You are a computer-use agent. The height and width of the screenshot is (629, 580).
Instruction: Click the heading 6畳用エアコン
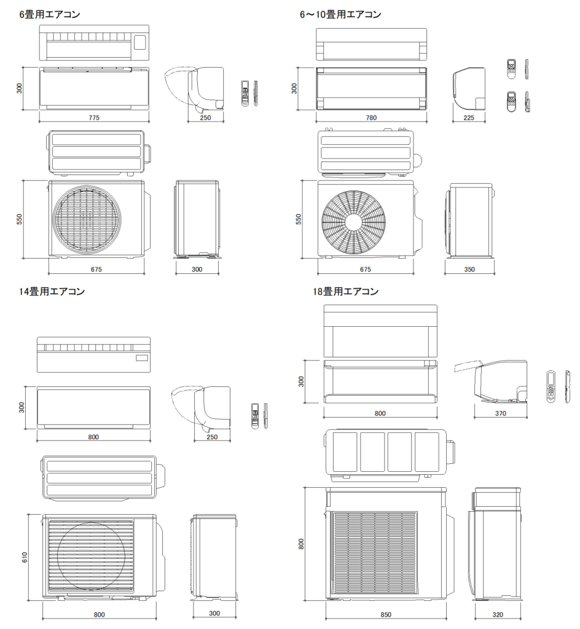[50, 14]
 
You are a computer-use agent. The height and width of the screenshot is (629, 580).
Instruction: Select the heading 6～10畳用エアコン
[340, 14]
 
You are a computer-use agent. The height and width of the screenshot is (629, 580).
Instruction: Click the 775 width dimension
[93, 117]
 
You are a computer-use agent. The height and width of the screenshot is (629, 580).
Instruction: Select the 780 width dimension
[370, 117]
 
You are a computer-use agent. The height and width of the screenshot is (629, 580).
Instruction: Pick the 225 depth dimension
[469, 117]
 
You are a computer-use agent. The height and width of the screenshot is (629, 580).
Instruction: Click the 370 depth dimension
[500, 413]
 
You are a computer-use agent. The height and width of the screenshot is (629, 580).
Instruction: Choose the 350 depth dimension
[469, 269]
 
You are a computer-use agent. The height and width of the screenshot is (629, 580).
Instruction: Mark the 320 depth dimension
[498, 614]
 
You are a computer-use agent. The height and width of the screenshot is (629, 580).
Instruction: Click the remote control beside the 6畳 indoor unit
[246, 93]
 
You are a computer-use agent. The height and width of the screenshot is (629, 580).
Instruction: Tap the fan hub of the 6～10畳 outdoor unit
[353, 221]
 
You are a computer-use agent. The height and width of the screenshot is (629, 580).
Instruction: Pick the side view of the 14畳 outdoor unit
[214, 557]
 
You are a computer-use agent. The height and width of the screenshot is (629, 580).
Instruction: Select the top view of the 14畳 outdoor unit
[101, 477]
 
